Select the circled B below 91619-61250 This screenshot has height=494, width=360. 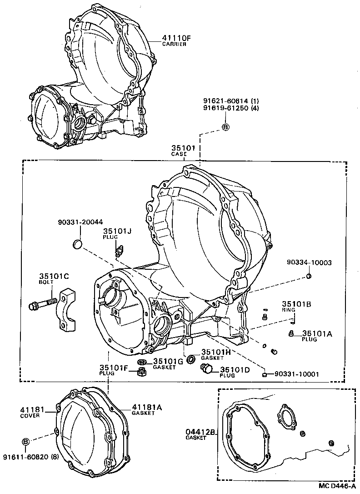coord(225,127)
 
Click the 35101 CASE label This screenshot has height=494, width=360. coord(183,150)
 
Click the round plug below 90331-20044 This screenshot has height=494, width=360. coord(78,245)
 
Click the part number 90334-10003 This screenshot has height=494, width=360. coord(309,262)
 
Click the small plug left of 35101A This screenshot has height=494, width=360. coord(291,334)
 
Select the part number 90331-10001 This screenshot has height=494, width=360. coord(296,374)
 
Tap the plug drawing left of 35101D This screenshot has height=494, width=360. coord(207,369)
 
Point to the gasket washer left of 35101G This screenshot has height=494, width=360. coord(141,362)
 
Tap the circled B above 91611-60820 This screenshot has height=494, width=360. coord(26,442)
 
